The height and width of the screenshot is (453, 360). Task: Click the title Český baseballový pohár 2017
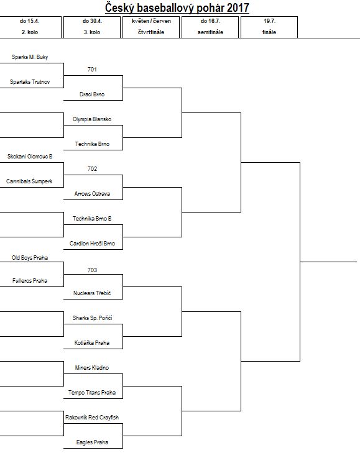pos(177,8)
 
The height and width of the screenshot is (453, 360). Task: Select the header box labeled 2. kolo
pos(30,27)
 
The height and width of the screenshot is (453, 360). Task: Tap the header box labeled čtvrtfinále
pos(151,27)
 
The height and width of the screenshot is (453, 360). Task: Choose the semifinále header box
pos(210,27)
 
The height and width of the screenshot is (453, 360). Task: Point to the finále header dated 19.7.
pos(269,27)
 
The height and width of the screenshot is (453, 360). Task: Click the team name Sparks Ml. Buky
pos(30,57)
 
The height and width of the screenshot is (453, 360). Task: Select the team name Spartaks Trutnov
pos(30,82)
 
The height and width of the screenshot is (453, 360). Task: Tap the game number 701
pos(92,70)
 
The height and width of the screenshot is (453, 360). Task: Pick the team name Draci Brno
pos(92,94)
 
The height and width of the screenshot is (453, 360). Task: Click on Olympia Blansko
pos(92,119)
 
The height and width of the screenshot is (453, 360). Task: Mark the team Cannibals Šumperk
pos(29,181)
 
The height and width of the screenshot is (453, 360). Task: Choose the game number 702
pos(92,169)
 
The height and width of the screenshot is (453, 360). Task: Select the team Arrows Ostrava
pos(92,193)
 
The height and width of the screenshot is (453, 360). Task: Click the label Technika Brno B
pos(92,218)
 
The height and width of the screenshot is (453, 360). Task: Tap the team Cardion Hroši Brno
pos(92,243)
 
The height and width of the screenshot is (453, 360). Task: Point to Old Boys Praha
pos(30,258)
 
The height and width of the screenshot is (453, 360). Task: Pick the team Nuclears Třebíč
pos(92,293)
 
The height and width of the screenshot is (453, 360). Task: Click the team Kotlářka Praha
pos(92,342)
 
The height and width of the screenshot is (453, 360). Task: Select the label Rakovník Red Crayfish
pos(92,417)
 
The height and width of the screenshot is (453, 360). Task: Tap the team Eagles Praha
pos(92,442)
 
